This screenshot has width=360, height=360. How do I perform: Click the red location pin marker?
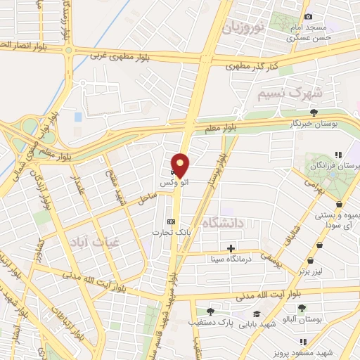pos(181,165)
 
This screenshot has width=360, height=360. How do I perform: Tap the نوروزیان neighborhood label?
pos(243,28)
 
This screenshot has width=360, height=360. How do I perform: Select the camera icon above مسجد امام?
pos(308,17)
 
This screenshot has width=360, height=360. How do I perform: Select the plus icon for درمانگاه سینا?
pos(231,247)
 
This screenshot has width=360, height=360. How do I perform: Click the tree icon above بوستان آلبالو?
pos(302,308)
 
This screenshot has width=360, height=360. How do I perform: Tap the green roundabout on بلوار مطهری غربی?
pos(69,50)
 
